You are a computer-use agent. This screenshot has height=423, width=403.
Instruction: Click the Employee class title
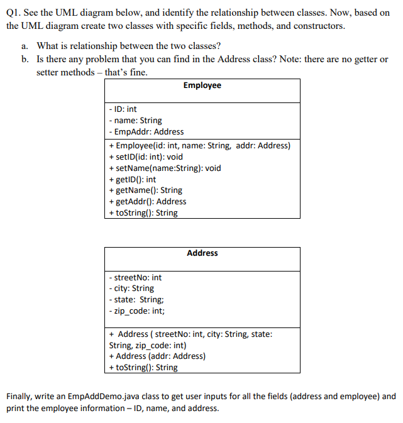[x=202, y=85]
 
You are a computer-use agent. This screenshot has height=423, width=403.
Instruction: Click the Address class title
[x=202, y=253]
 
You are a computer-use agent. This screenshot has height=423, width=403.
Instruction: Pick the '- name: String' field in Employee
[x=135, y=121]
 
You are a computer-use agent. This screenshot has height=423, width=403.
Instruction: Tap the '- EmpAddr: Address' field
[x=146, y=132]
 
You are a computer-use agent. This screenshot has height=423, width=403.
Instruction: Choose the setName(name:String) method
[x=165, y=168]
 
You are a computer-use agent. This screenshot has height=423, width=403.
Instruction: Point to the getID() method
[x=133, y=179]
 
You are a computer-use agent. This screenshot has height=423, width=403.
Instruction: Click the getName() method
[x=145, y=190]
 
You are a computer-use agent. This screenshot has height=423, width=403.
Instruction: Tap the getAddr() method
[x=148, y=202]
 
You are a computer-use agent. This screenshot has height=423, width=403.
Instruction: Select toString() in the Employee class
[x=143, y=213]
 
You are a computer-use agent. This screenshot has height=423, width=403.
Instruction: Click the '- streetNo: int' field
[x=135, y=278]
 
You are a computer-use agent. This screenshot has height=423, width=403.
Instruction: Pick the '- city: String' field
[x=131, y=289]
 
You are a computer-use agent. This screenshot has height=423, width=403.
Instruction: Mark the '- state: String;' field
[x=136, y=300]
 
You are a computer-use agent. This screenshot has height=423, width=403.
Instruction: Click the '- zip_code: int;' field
[x=137, y=311]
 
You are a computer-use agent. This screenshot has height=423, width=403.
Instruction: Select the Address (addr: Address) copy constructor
[x=157, y=356]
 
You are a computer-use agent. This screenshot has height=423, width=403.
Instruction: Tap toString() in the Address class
[x=143, y=368]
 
